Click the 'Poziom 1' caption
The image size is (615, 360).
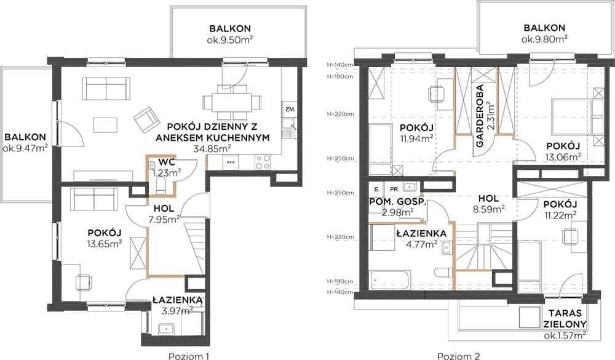tap(189, 356)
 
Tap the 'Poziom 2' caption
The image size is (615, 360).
tap(459, 356)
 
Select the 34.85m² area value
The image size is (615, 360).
tap(212, 148)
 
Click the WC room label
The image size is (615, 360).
tap(167, 162)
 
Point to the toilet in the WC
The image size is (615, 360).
tap(161, 185)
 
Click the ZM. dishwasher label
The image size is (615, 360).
tap(290, 109)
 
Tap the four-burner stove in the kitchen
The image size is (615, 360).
tap(263, 162)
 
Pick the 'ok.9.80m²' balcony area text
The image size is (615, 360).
tap(544, 39)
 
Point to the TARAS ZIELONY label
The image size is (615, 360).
tap(568, 318)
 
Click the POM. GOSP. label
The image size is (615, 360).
tap(397, 202)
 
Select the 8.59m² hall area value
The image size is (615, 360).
tap(489, 209)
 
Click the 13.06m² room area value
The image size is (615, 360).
tap(563, 157)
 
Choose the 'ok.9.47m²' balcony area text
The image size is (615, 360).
tap(25, 148)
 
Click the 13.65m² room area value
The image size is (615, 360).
tap(105, 244)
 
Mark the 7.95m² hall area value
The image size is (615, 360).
tap(164, 219)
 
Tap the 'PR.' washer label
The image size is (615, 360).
tap(394, 189)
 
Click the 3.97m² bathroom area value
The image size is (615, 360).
tap(177, 311)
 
